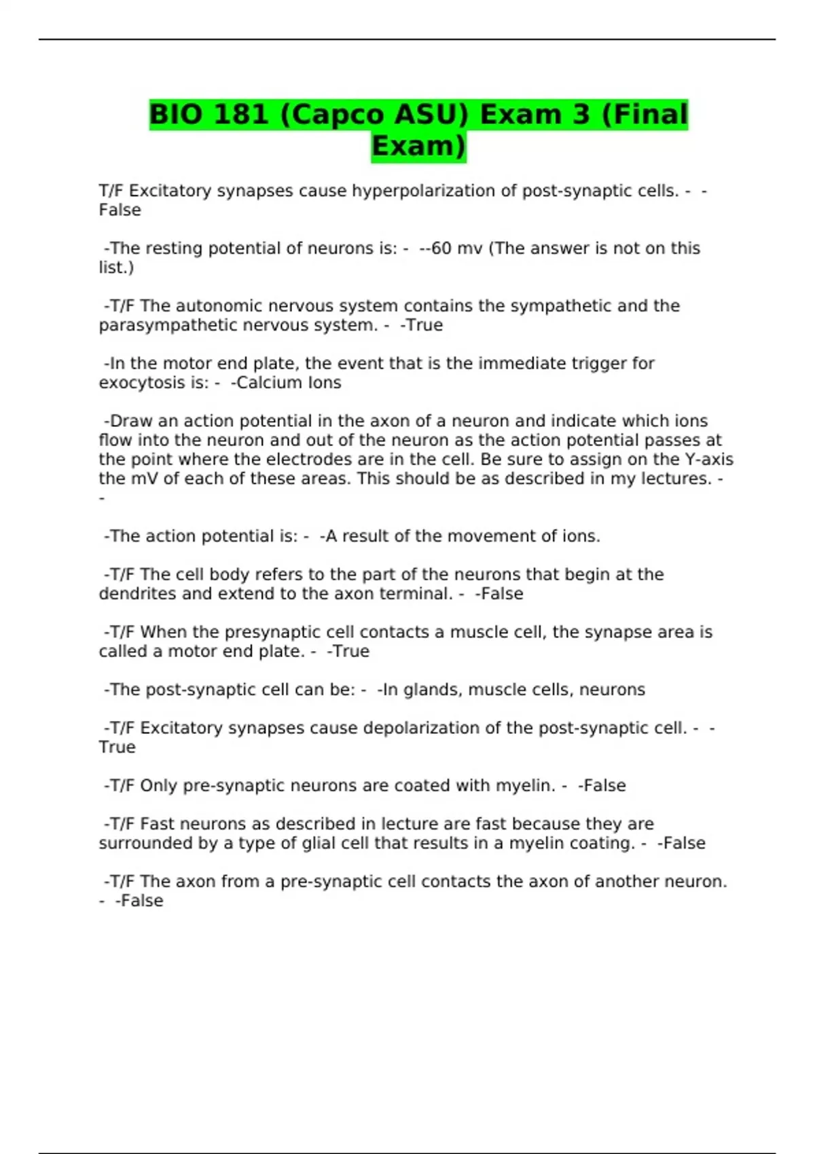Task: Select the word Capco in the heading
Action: pyautogui.click(x=329, y=114)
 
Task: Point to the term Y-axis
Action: pyautogui.click(x=709, y=460)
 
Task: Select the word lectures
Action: pyautogui.click(x=675, y=479)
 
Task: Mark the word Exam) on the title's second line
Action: pyautogui.click(x=418, y=146)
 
